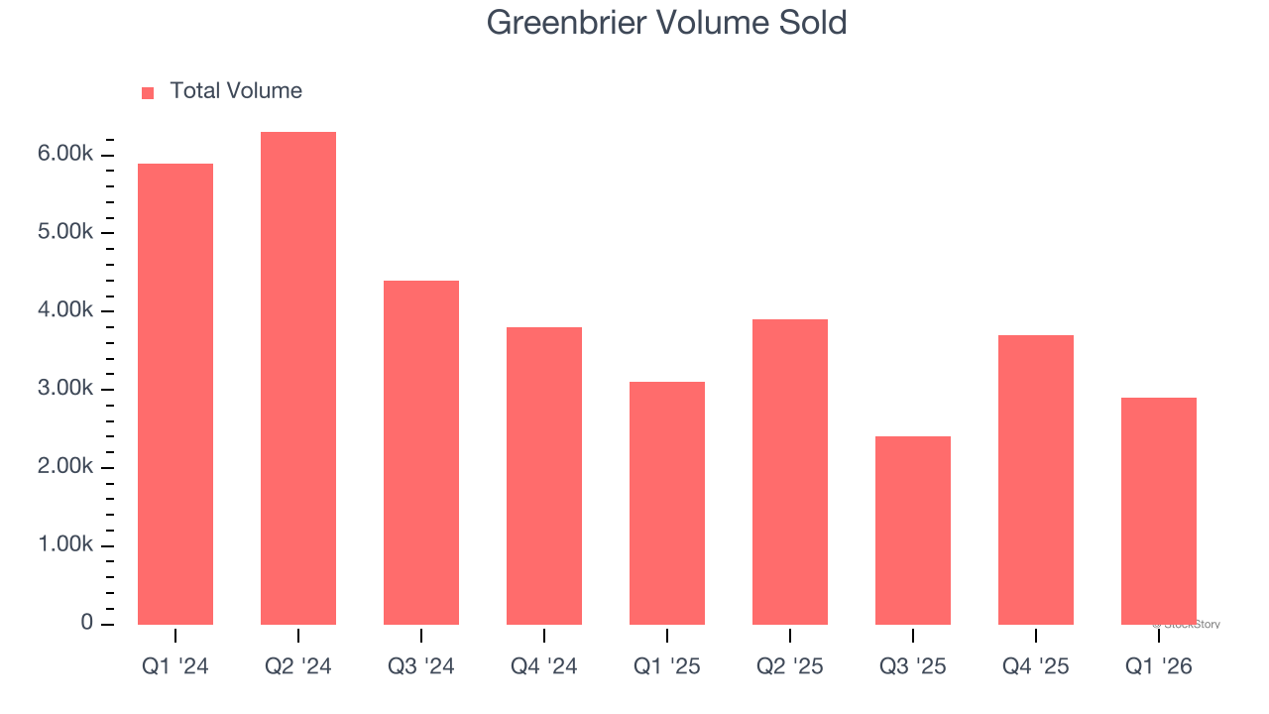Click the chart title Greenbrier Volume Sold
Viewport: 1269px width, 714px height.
tap(666, 23)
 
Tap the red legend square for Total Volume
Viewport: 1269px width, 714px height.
tap(148, 92)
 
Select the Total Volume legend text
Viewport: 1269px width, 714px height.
tap(236, 91)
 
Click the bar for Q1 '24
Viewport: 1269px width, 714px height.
tap(175, 394)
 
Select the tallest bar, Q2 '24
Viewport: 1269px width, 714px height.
tap(298, 378)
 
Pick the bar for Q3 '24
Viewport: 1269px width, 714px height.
tap(421, 452)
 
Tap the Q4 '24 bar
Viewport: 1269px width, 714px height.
tap(544, 476)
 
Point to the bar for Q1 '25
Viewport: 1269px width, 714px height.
tap(667, 503)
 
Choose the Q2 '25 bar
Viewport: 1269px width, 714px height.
tap(790, 472)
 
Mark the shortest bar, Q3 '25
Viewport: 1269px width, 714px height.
tap(913, 531)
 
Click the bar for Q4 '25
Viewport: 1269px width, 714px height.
tap(1036, 480)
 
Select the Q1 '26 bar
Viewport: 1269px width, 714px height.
tap(1159, 511)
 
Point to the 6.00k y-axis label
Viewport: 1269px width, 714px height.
tap(65, 155)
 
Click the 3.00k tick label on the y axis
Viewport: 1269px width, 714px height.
tap(65, 390)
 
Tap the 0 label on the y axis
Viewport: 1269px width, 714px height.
tap(87, 624)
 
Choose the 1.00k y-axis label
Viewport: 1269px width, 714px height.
tap(65, 546)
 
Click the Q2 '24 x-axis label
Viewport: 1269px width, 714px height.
tap(298, 666)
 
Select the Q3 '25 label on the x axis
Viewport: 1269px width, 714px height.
tap(913, 666)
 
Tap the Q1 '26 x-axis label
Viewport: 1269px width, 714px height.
tap(1159, 666)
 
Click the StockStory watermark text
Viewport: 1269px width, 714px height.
tap(1187, 625)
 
